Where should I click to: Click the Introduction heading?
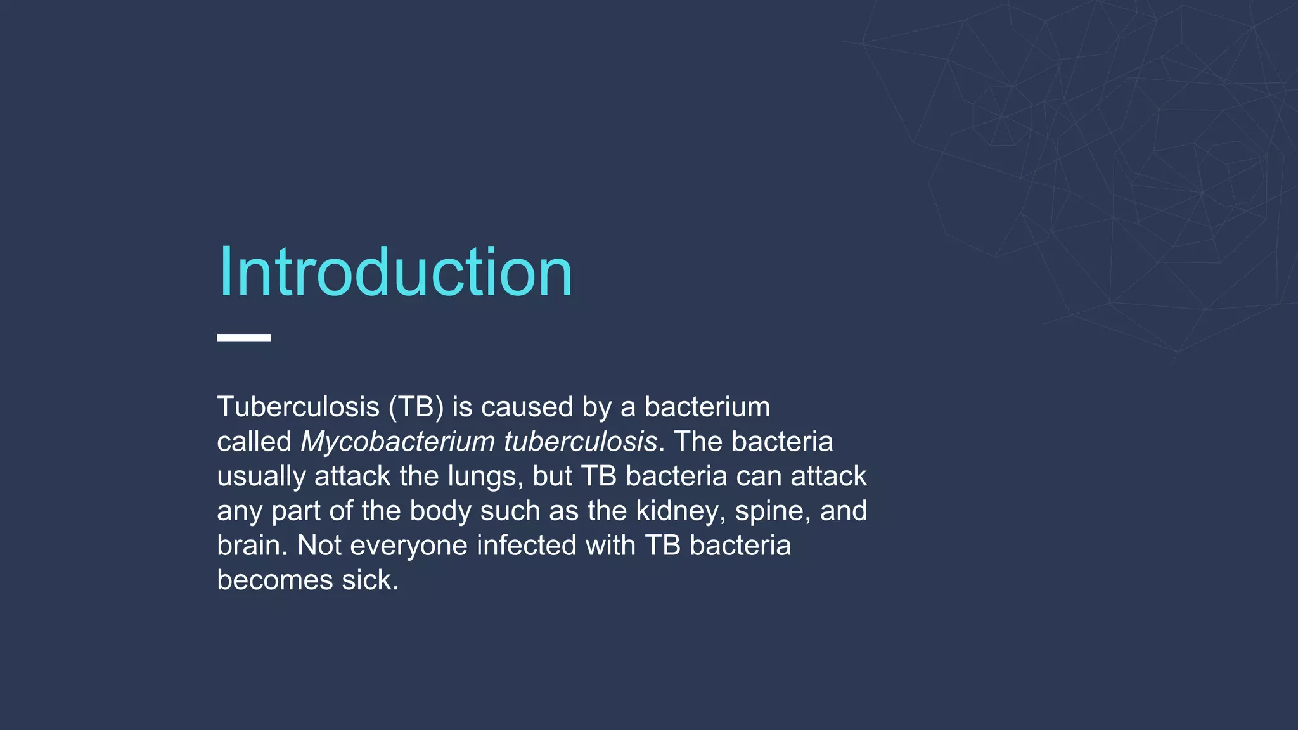click(395, 272)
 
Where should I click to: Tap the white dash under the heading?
click(244, 338)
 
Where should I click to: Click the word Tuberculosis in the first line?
click(298, 407)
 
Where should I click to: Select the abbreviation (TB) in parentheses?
click(416, 407)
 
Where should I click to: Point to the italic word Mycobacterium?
click(397, 442)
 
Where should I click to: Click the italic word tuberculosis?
click(580, 442)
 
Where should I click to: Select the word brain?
click(252, 546)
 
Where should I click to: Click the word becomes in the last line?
click(274, 580)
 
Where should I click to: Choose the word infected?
click(526, 546)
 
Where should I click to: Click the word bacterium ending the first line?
click(707, 407)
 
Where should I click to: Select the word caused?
click(527, 407)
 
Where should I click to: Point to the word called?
click(254, 442)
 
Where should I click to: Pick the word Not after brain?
click(319, 546)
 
